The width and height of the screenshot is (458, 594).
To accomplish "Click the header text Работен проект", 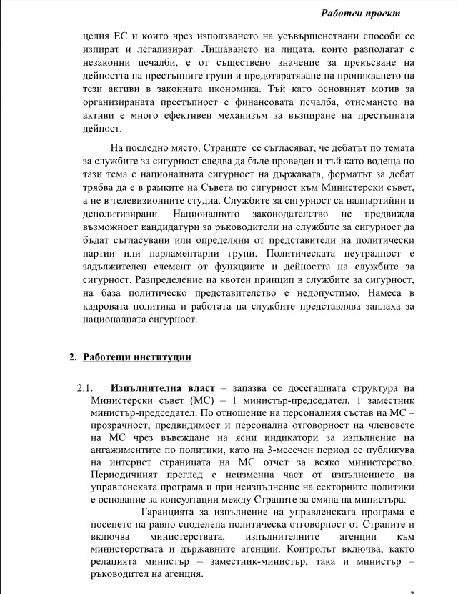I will point(379,14).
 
